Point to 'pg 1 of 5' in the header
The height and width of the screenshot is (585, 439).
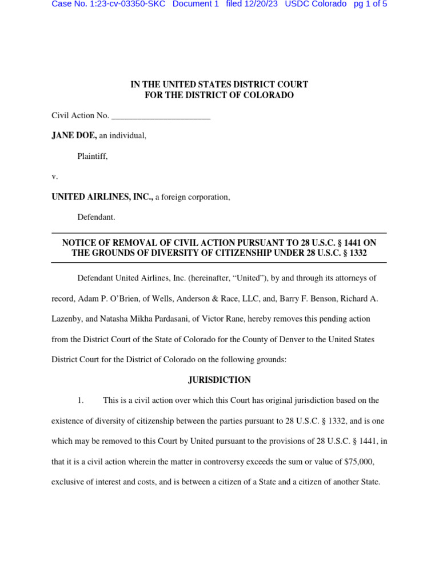tap(370, 4)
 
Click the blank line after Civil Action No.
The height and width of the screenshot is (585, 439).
tap(161, 116)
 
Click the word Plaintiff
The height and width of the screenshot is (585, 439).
tap(92, 156)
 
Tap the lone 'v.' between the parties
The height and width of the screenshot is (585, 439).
tap(55, 177)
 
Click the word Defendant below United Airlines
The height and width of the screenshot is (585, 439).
tap(96, 217)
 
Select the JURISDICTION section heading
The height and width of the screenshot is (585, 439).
tap(219, 380)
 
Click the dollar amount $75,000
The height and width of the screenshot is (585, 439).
tap(358, 462)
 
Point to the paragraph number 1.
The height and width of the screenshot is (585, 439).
tap(81, 400)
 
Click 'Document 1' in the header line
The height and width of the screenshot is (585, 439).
tap(195, 4)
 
